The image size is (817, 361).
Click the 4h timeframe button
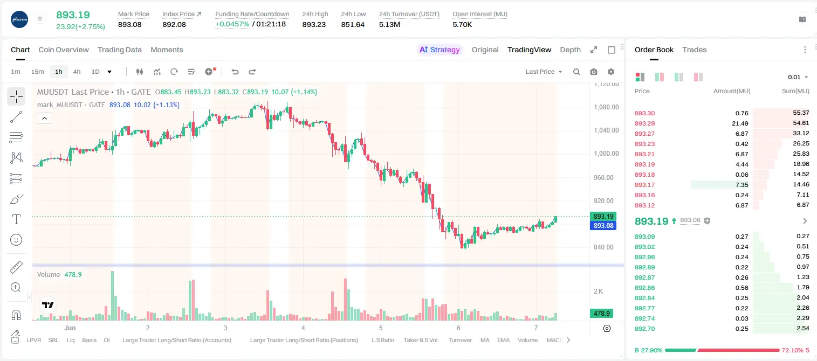pos(77,72)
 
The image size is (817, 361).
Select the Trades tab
pos(695,50)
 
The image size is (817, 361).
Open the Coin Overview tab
pos(64,50)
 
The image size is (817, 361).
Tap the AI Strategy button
pos(440,50)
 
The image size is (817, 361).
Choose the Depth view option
pos(570,50)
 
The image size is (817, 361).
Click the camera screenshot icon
pos(594,72)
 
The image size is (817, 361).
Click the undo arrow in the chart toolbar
pos(235,72)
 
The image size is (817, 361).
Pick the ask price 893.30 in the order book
pos(644,113)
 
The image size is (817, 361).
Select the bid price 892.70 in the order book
pos(644,329)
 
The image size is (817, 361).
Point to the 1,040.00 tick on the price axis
pos(606,130)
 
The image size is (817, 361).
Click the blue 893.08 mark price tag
pos(603,225)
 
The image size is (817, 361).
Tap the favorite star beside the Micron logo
pos(40,18)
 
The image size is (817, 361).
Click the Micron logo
pos(19,19)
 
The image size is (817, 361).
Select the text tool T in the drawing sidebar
pos(16,219)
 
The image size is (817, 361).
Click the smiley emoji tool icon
pos(16,240)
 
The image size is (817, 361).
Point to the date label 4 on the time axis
pos(303,328)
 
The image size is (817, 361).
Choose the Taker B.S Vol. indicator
pos(421,340)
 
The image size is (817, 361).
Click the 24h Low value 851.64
pos(353,24)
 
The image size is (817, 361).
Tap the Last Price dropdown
pos(544,72)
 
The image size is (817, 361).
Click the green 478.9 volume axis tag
pos(601,313)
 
